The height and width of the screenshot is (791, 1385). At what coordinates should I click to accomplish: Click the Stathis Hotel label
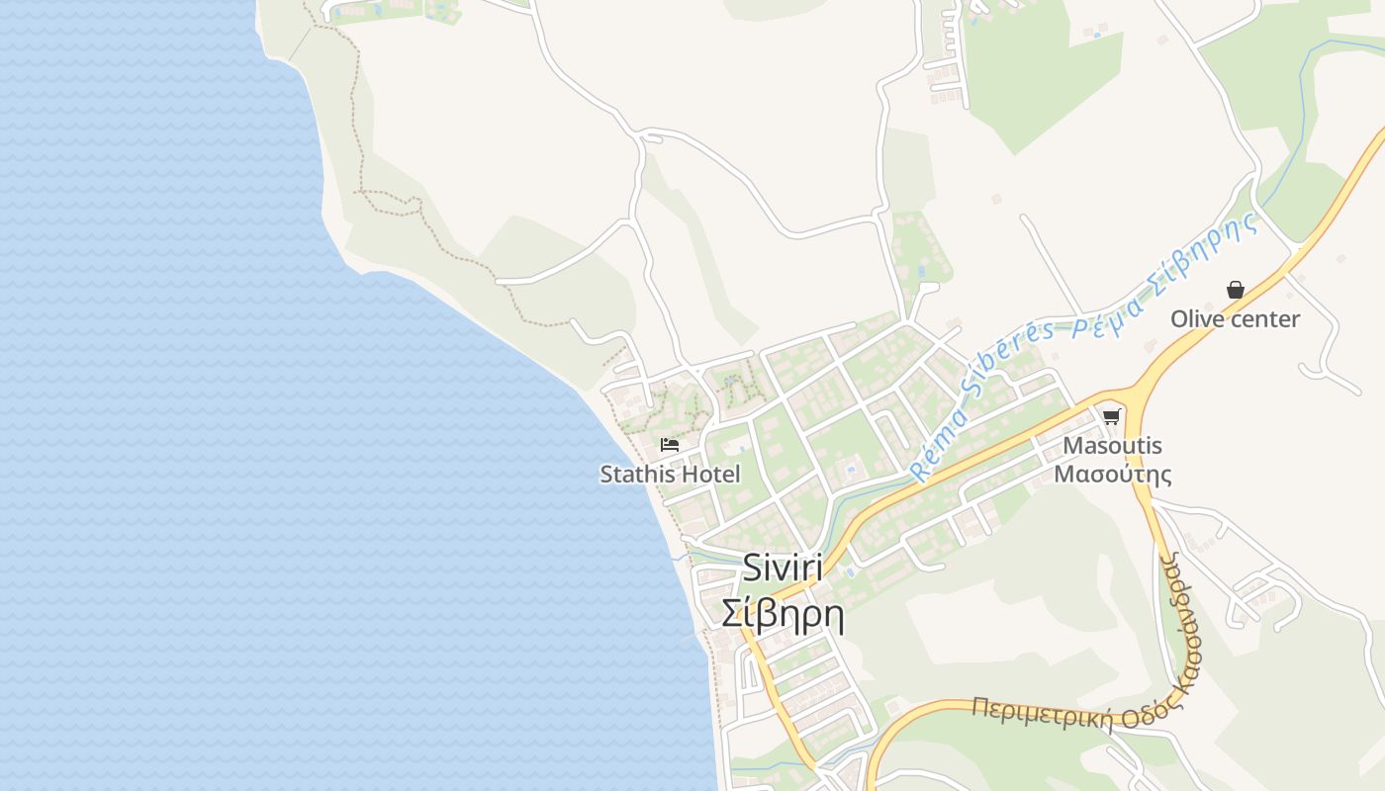670,474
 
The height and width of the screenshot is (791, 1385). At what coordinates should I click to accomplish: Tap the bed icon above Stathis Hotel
670,445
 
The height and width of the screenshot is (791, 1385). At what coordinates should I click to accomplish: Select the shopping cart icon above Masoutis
1111,416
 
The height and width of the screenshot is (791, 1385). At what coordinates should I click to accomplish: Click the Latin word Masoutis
1112,446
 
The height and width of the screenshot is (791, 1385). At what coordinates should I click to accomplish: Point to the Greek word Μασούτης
1112,474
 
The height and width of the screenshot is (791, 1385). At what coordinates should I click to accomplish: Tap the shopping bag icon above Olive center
1235,290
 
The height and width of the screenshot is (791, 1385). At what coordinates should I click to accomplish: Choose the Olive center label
1235,318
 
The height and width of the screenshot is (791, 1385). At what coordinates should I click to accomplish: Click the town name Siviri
782,568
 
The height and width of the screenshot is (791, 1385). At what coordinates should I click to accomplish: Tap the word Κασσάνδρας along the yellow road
1181,618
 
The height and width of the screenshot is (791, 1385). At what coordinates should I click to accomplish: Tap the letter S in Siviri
751,568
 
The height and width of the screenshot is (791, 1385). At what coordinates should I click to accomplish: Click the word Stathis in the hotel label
636,474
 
